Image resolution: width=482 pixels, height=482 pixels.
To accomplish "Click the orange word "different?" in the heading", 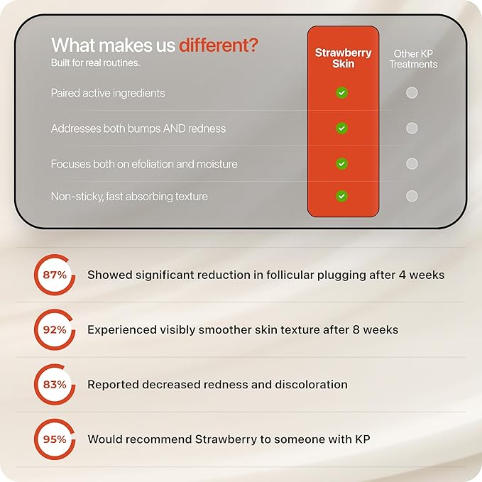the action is pyautogui.click(x=219, y=45).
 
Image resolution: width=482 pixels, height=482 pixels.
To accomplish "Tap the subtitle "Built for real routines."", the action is pyautogui.click(x=95, y=62).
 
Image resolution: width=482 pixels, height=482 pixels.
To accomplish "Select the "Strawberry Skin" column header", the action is pyautogui.click(x=343, y=58).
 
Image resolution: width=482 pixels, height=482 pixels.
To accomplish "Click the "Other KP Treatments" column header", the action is pyautogui.click(x=413, y=59).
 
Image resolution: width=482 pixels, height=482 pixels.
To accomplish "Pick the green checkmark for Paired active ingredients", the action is pyautogui.click(x=341, y=92).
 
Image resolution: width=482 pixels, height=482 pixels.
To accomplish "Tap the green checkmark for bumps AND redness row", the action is pyautogui.click(x=341, y=128).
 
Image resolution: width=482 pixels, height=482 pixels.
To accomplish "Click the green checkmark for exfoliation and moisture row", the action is pyautogui.click(x=341, y=163).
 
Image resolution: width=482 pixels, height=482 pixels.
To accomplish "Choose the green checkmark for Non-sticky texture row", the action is pyautogui.click(x=341, y=196).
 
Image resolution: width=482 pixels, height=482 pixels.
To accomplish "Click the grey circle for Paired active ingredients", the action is pyautogui.click(x=412, y=92).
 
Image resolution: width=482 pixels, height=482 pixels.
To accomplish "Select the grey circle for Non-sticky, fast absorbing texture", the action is pyautogui.click(x=412, y=196).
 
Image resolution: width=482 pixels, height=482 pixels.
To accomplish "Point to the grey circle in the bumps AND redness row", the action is pyautogui.click(x=412, y=128).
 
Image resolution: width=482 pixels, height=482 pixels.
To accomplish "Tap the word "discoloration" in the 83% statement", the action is pyautogui.click(x=311, y=385).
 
